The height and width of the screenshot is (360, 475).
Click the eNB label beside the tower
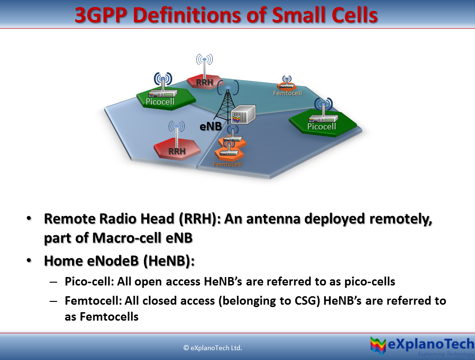pos(210,127)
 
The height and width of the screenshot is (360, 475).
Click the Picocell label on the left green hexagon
pos(160,101)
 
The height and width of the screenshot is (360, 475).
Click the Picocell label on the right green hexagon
pos(321,127)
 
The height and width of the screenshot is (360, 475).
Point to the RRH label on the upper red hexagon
pos(205,82)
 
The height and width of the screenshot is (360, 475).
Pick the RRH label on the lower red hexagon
pos(177,151)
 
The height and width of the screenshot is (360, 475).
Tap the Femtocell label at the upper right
pos(287,93)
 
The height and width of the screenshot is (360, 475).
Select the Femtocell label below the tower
pos(228,164)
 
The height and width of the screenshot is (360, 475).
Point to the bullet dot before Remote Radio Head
pos(30,219)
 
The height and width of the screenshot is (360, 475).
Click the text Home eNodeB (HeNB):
pos(119,261)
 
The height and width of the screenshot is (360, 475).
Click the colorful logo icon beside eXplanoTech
pos(379,346)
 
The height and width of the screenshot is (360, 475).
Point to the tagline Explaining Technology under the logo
pos(445,354)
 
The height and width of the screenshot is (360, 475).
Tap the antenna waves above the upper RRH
pos(204,60)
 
